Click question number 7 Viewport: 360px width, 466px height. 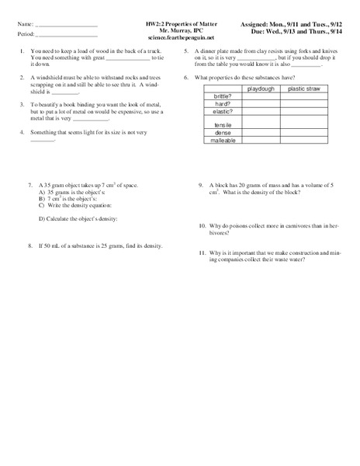click(29, 186)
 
